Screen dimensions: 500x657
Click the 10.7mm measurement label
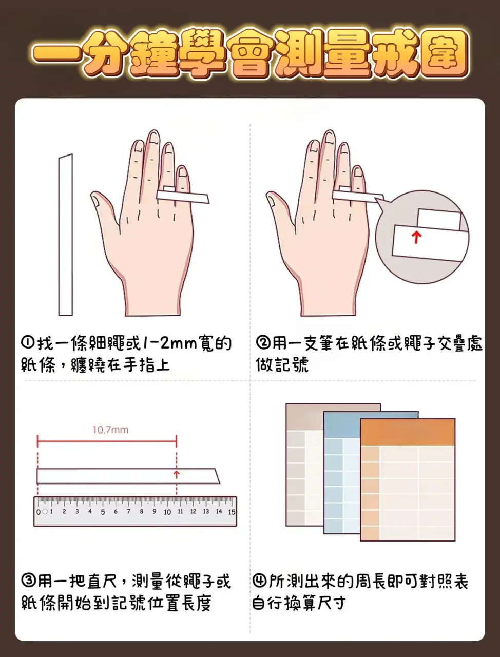(110, 430)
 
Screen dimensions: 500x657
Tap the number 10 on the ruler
(167, 512)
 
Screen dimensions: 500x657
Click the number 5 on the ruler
(103, 512)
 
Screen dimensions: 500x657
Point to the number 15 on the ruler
(232, 512)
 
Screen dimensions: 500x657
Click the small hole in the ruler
(45, 512)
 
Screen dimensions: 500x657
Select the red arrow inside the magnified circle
(416, 237)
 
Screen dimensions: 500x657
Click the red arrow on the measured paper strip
(177, 474)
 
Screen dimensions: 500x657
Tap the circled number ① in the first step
(29, 342)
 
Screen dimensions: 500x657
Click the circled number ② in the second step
(263, 342)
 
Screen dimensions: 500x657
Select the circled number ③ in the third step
(29, 581)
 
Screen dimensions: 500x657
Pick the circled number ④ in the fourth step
(260, 581)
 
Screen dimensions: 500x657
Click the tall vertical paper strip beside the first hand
(66, 235)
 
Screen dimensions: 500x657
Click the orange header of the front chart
(408, 432)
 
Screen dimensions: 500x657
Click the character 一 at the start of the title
(57, 57)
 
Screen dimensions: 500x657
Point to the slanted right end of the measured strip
(218, 476)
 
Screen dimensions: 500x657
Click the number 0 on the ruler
(39, 512)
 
